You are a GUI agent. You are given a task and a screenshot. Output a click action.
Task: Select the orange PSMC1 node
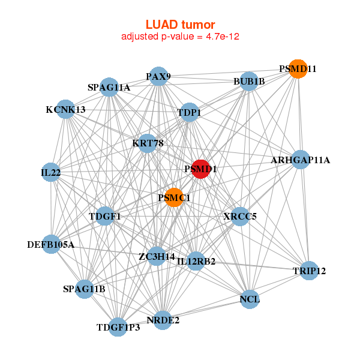(x=173, y=198)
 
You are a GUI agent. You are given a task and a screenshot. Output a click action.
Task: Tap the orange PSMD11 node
(x=298, y=69)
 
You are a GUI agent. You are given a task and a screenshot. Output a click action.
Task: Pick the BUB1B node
(x=249, y=82)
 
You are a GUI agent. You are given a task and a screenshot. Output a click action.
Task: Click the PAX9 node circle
(x=158, y=76)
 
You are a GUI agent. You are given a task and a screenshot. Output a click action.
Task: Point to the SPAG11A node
(x=109, y=88)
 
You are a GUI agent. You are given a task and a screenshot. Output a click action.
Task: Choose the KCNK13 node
(x=65, y=109)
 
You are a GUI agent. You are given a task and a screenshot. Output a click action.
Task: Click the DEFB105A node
(x=51, y=244)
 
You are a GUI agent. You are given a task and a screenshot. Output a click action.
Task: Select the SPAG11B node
(x=84, y=289)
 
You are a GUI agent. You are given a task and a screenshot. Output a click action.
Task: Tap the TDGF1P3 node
(x=118, y=327)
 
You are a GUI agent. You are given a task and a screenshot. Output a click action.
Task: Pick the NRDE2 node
(x=163, y=320)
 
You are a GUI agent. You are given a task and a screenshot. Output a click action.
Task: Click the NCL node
(x=250, y=298)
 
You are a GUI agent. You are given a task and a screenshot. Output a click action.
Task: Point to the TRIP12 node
(x=309, y=271)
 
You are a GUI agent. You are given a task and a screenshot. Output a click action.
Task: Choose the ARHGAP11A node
(x=301, y=160)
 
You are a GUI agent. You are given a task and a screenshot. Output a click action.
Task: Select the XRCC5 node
(x=240, y=216)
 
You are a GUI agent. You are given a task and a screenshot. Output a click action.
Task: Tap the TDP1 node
(x=190, y=112)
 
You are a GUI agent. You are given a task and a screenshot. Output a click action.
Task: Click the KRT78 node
(x=148, y=143)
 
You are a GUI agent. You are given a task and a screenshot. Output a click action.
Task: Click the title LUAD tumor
(x=181, y=25)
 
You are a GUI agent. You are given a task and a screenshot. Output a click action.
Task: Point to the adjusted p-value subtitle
(x=181, y=37)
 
